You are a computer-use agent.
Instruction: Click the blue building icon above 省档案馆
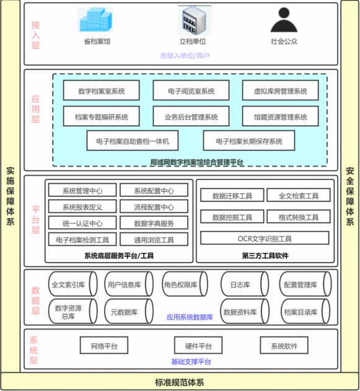[x=95, y=20]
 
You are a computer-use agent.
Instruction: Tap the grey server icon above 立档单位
[x=195, y=20]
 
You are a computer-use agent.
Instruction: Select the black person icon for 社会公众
[x=284, y=20]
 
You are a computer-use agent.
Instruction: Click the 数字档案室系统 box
[x=101, y=90]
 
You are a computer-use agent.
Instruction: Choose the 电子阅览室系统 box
[x=191, y=90]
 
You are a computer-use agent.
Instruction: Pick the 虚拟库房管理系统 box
[x=281, y=90]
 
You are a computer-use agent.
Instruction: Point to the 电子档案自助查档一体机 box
[x=133, y=141]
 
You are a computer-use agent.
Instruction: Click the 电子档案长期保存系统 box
[x=249, y=141]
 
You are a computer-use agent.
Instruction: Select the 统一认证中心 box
[x=82, y=222]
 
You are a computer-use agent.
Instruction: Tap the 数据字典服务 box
[x=154, y=222]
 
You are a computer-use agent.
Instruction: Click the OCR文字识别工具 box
[x=265, y=238]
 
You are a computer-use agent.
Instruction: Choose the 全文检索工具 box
[x=299, y=195]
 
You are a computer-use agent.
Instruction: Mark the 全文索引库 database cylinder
[x=72, y=284]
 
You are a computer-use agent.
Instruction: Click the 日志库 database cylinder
[x=245, y=284]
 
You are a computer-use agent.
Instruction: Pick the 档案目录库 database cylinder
[x=305, y=312]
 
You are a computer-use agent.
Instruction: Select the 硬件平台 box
[x=198, y=345]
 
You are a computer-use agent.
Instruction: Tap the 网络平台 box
[x=104, y=345]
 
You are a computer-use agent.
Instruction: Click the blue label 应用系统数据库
[x=190, y=317]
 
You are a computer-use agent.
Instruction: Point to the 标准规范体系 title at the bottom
[x=180, y=382]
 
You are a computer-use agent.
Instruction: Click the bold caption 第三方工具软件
[x=265, y=255]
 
